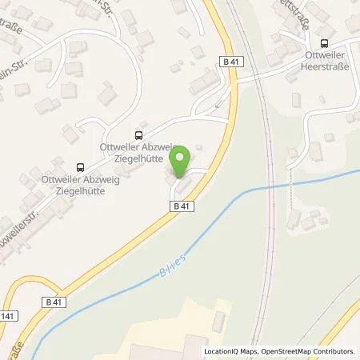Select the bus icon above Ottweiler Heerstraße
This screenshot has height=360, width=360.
pos(323,45)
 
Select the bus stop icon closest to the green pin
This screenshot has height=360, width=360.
pos(139,135)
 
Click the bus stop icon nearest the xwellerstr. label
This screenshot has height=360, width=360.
pos(79,167)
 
